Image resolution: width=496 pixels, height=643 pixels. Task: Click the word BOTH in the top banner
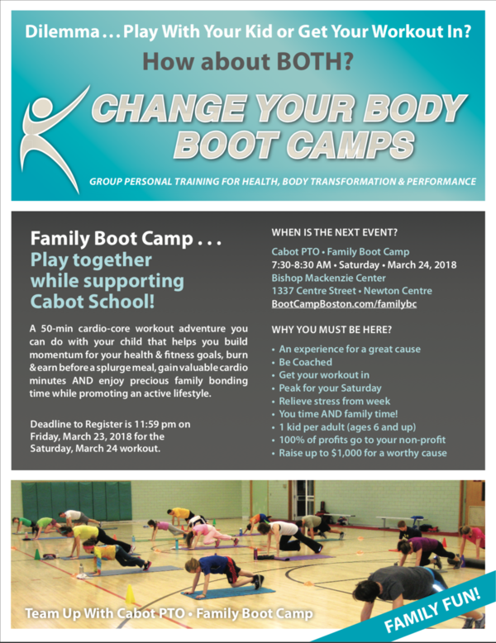tap(314, 61)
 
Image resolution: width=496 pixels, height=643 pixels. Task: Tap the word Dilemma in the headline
tap(62, 31)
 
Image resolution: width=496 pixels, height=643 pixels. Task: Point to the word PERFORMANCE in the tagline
tap(441, 181)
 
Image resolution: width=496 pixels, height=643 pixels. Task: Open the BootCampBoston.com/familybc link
tap(344, 304)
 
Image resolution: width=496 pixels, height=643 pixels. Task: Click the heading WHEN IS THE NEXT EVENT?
tap(334, 232)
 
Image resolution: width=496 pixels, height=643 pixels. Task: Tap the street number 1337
tap(282, 291)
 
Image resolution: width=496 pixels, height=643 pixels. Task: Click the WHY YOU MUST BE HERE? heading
tap(331, 330)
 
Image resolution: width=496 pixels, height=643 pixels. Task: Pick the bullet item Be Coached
tap(306, 362)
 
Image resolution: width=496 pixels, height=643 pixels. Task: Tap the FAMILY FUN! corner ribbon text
tap(432, 611)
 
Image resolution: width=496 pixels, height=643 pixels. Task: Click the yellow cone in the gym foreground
tap(130, 594)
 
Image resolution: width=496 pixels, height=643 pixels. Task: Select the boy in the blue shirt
tap(222, 574)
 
